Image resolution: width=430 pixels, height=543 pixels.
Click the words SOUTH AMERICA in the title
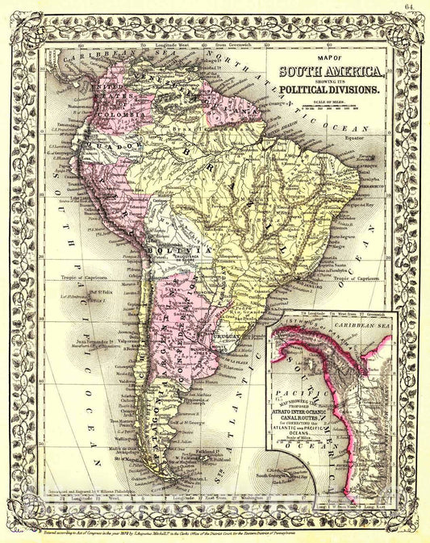(329, 72)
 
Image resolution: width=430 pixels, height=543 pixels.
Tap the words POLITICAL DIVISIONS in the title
(329, 90)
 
